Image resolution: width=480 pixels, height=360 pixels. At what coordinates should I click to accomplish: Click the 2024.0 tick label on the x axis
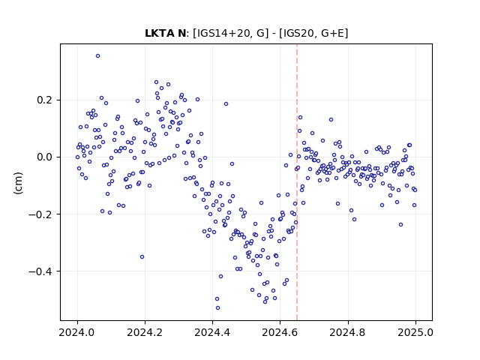click(77, 332)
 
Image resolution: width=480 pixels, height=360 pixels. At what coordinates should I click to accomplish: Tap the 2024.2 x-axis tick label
click(145, 332)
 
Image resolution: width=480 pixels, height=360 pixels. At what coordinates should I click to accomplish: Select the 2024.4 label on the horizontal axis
click(212, 332)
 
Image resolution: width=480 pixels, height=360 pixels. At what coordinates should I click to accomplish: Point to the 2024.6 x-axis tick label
click(280, 332)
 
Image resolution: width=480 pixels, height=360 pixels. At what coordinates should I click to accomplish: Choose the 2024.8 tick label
click(347, 332)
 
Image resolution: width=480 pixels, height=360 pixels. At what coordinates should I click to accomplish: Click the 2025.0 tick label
click(415, 332)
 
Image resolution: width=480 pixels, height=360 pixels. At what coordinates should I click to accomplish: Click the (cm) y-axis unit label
click(18, 183)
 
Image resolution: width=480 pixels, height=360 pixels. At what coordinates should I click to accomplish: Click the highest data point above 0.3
click(97, 56)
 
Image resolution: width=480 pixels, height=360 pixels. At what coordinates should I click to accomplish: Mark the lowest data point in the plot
click(217, 308)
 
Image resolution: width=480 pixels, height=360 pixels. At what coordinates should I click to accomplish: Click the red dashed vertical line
click(297, 182)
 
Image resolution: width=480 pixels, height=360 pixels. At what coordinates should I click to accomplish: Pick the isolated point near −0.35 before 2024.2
click(142, 256)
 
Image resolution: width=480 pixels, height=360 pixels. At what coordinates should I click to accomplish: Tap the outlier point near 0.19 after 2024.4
click(226, 104)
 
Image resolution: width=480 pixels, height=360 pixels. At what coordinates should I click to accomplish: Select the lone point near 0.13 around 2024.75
click(331, 120)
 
